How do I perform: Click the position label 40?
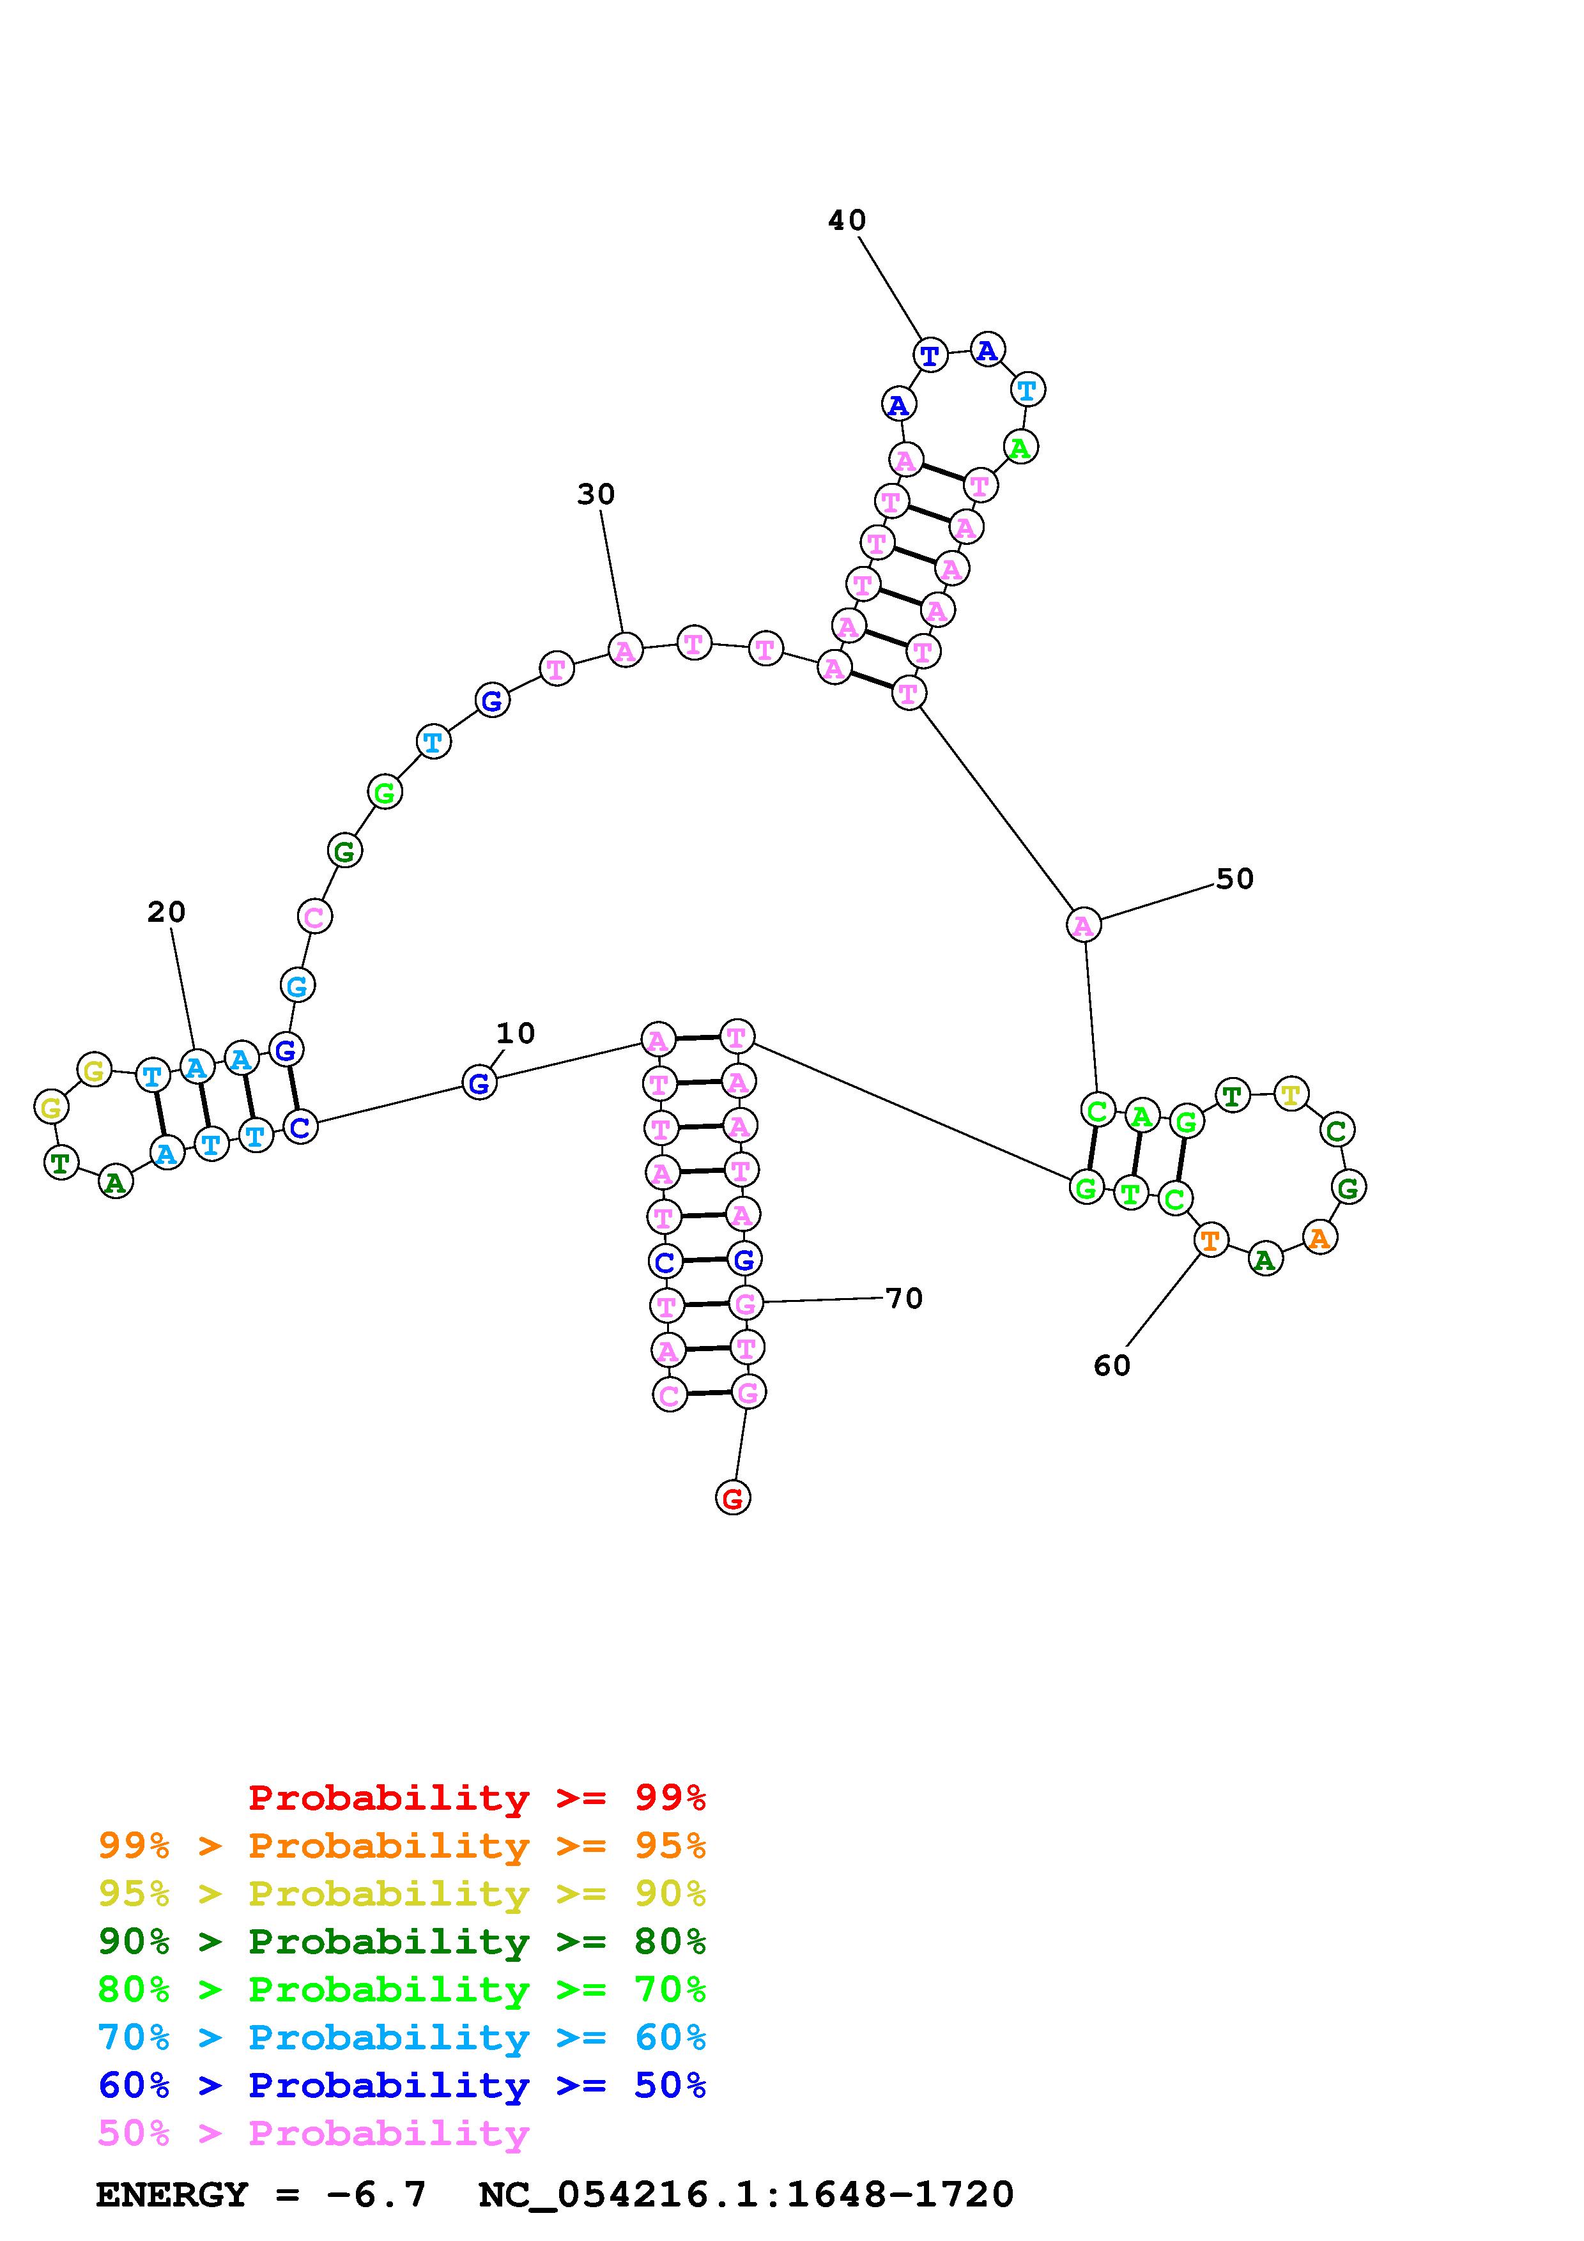click(846, 220)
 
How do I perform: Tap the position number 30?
click(596, 495)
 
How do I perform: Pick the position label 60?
click(1112, 1365)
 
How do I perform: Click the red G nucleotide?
click(733, 1497)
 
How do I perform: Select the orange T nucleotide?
click(1210, 1241)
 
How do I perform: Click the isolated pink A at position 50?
click(1083, 925)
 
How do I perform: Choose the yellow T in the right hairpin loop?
click(1291, 1094)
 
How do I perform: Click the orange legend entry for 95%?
click(401, 1846)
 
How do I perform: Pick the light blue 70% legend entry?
click(401, 2038)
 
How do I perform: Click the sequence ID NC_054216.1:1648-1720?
click(746, 2194)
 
